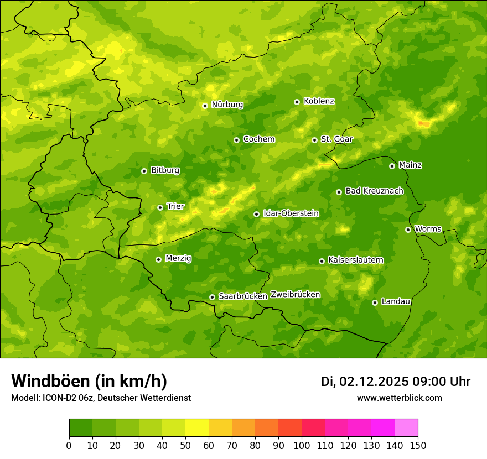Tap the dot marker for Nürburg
tap(205, 106)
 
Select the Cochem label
tap(259, 139)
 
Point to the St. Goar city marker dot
tap(314, 140)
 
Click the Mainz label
tap(410, 165)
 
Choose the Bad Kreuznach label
tap(374, 191)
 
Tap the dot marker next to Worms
tap(408, 229)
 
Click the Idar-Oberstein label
tap(291, 213)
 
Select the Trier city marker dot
tap(160, 207)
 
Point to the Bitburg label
tap(165, 170)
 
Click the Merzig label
tap(178, 258)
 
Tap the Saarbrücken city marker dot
tap(212, 297)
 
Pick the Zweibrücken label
tap(296, 295)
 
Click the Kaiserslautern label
tap(356, 260)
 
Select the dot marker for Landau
tap(375, 302)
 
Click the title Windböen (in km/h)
tap(89, 381)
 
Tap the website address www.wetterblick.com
tap(399, 398)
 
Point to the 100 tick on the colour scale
tap(302, 445)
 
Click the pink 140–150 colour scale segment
tap(406, 428)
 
